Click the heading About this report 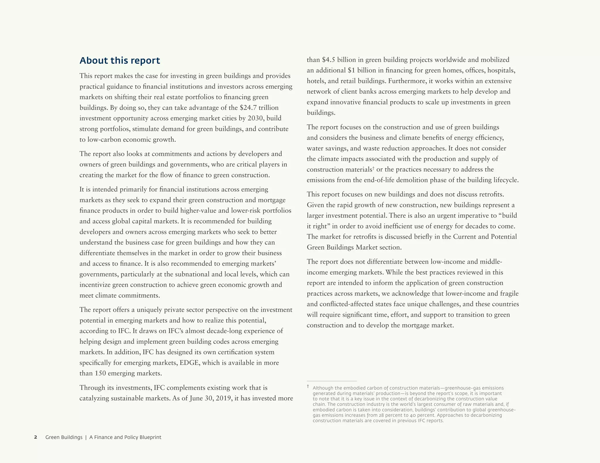(120, 61)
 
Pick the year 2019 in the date (223, 398)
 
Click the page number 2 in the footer (36, 437)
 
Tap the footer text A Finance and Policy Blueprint (125, 437)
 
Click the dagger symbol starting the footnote (308, 387)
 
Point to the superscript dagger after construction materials (374, 168)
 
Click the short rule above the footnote (332, 381)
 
